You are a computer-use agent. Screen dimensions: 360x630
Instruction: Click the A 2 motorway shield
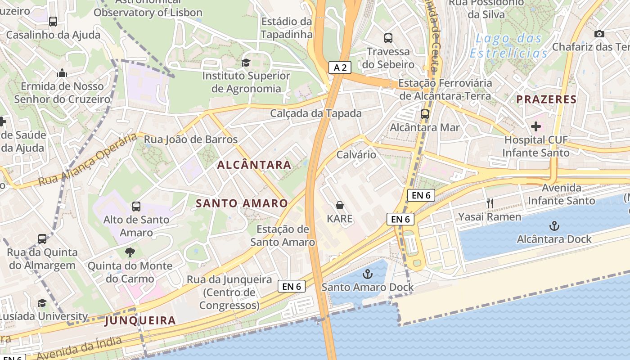pyautogui.click(x=340, y=67)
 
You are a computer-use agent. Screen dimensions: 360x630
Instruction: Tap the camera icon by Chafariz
pyautogui.click(x=599, y=34)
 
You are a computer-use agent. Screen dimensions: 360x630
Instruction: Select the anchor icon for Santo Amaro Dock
pyautogui.click(x=368, y=274)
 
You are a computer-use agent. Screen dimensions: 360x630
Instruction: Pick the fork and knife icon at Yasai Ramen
pyautogui.click(x=490, y=203)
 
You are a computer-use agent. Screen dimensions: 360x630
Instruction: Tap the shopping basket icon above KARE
pyautogui.click(x=340, y=205)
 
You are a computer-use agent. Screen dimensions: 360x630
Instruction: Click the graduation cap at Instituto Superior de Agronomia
pyautogui.click(x=246, y=63)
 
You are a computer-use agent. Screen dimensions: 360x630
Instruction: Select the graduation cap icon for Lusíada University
pyautogui.click(x=42, y=303)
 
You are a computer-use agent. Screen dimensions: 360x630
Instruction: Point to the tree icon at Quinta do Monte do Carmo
pyautogui.click(x=130, y=252)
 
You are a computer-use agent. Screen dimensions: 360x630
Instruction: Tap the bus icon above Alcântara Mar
pyautogui.click(x=425, y=114)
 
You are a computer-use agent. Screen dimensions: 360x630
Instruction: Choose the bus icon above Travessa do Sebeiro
pyautogui.click(x=388, y=38)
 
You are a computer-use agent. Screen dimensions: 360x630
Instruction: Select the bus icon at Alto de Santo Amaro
pyautogui.click(x=136, y=207)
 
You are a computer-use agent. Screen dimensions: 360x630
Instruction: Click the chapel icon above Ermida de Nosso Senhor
pyautogui.click(x=62, y=73)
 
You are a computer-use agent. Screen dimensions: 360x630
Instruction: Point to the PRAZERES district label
pyautogui.click(x=546, y=99)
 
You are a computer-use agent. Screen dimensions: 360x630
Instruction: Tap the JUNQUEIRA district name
pyautogui.click(x=140, y=321)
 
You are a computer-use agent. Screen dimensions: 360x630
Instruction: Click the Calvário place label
pyautogui.click(x=356, y=155)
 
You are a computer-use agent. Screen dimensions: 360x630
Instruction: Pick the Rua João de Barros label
pyautogui.click(x=191, y=139)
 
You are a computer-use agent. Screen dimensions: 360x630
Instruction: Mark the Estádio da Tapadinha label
pyautogui.click(x=286, y=28)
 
